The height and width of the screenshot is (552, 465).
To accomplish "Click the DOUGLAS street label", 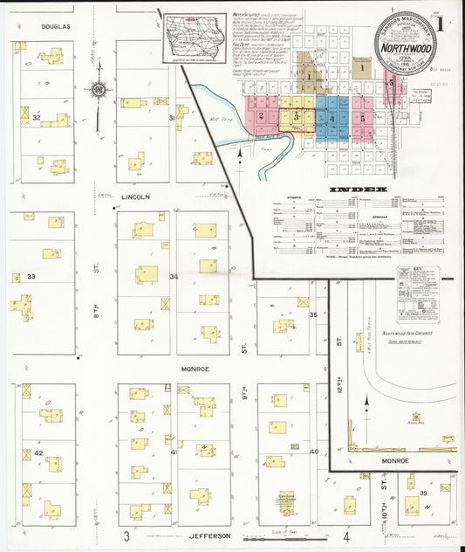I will point(54,27).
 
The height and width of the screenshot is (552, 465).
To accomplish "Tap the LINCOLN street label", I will point(136,197).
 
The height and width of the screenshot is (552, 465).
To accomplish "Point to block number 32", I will point(37,117).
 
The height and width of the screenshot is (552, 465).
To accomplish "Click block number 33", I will point(31,277).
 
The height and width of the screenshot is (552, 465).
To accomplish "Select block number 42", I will point(38,453).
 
